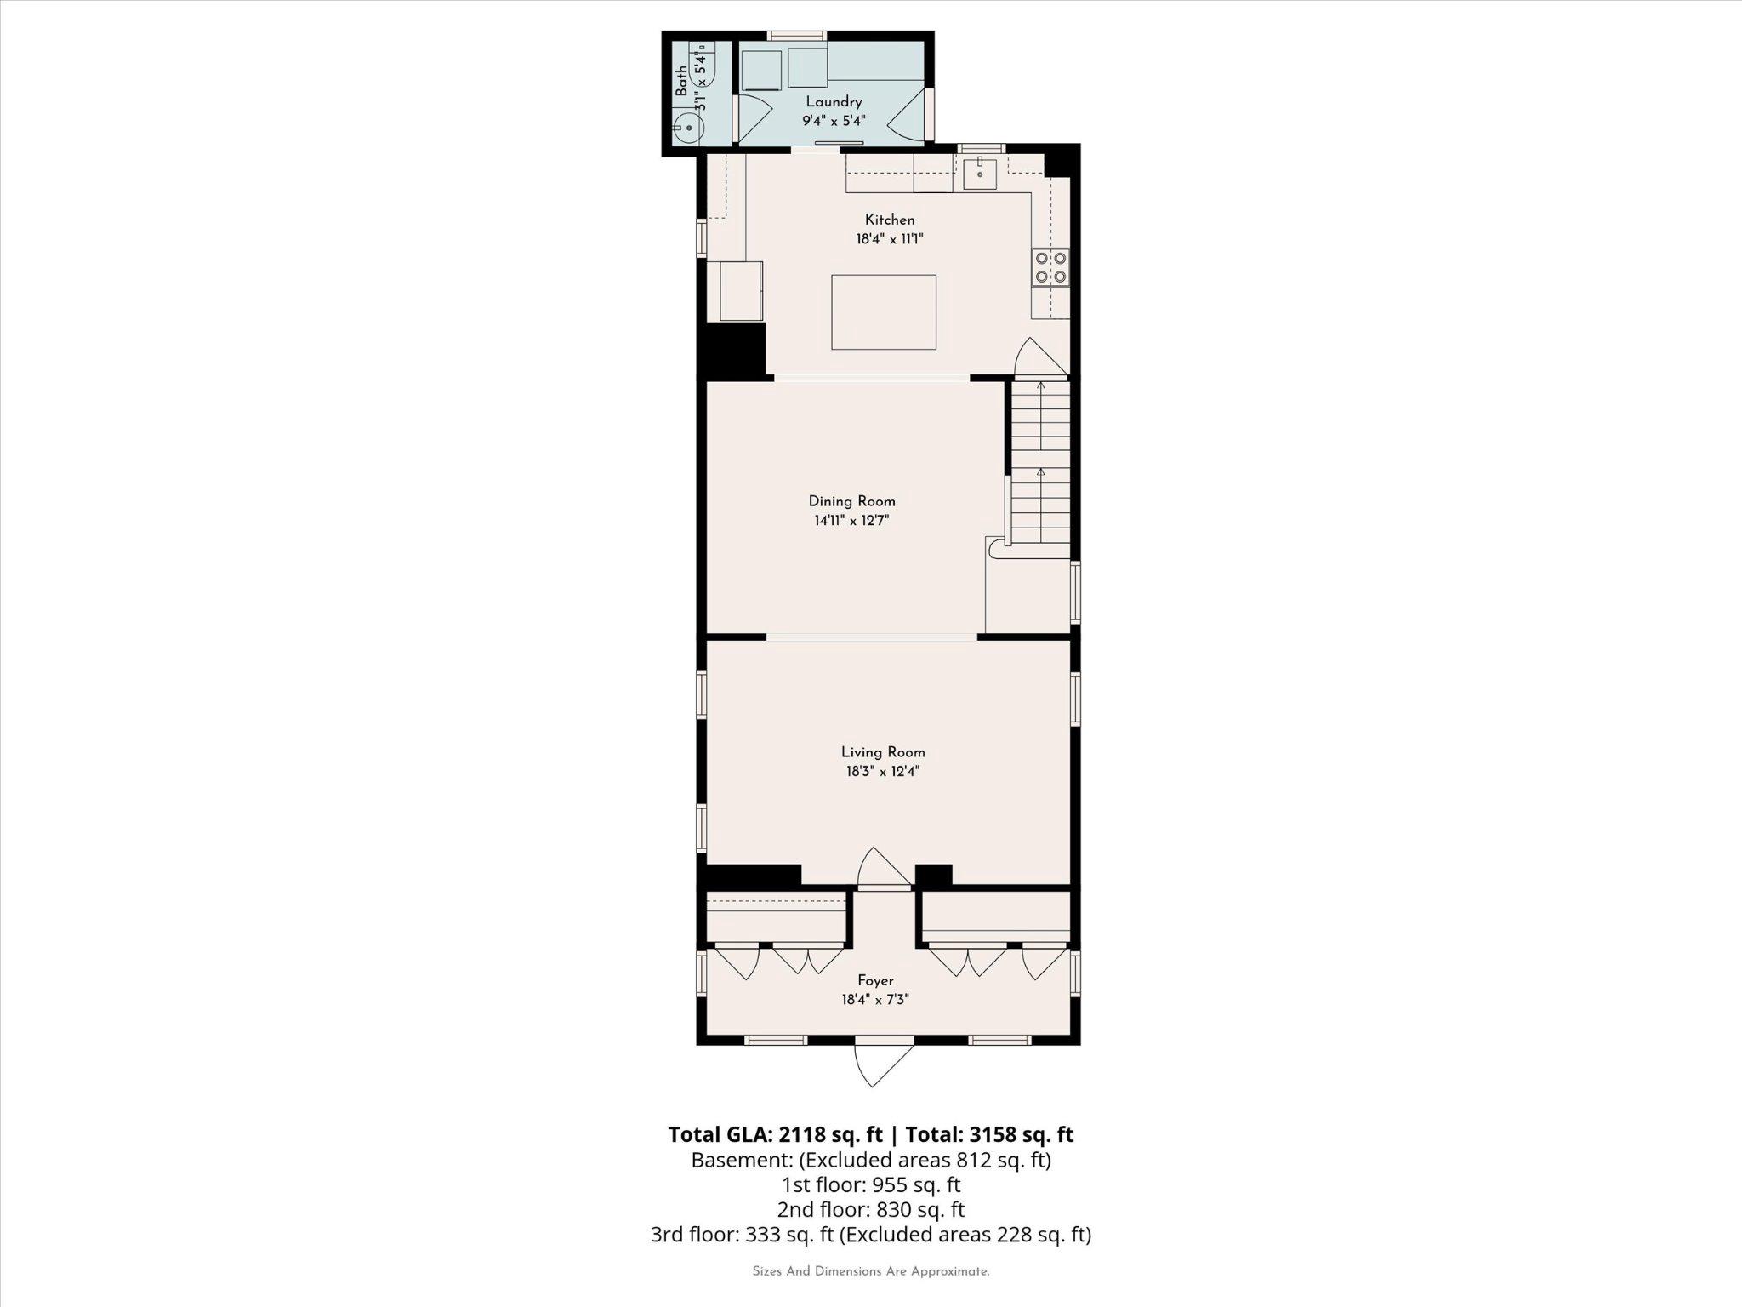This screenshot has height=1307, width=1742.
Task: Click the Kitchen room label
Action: click(890, 220)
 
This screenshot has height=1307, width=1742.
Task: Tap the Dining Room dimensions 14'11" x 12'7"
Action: click(851, 521)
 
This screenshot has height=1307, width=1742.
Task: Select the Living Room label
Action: click(883, 752)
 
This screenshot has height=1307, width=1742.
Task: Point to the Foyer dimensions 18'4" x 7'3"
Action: click(875, 1000)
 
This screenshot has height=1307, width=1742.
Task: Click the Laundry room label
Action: click(834, 102)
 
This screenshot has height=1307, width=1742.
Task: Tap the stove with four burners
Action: click(1051, 266)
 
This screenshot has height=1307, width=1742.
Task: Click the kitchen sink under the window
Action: click(981, 173)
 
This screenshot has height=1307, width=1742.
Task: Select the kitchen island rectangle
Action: click(884, 311)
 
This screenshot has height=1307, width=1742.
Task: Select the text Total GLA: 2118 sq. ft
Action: click(776, 1134)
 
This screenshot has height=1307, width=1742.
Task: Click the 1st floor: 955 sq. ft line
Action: click(871, 1184)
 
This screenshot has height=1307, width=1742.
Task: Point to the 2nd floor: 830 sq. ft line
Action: click(871, 1209)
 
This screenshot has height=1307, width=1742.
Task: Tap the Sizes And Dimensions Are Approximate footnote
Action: click(871, 1271)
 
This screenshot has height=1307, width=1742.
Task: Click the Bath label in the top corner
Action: click(681, 82)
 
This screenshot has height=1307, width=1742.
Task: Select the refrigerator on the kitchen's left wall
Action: click(740, 291)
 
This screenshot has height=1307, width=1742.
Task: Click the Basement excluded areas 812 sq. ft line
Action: click(871, 1160)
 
